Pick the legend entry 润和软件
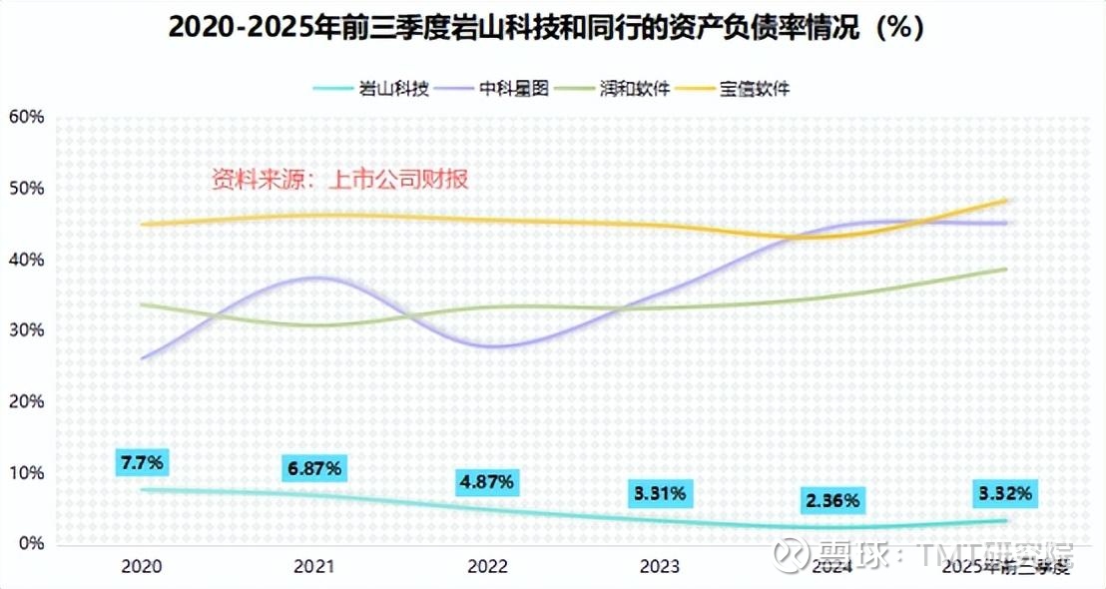(x=635, y=89)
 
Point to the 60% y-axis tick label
(x=26, y=117)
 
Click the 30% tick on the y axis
(x=26, y=330)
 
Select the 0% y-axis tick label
(x=30, y=544)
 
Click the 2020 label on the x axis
(x=143, y=567)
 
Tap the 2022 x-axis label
(x=487, y=567)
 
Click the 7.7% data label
(x=143, y=462)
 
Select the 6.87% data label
(x=315, y=467)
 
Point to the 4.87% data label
(x=487, y=481)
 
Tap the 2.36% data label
(x=832, y=500)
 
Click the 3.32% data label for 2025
(x=1004, y=493)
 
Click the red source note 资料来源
(x=339, y=180)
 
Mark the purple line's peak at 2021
(x=315, y=277)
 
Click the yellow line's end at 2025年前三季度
(x=1005, y=200)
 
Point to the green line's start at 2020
(x=143, y=304)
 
